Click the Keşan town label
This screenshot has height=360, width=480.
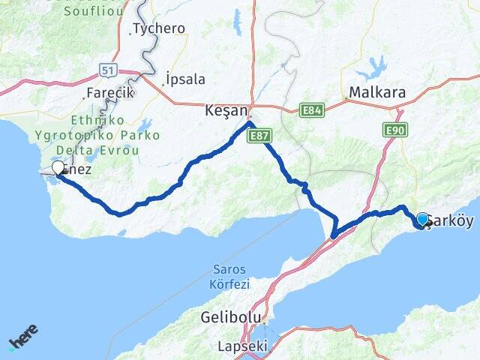226,110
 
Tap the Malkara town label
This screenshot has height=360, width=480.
376,93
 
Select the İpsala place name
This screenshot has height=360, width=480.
187,79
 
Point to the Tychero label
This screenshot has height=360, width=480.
158,29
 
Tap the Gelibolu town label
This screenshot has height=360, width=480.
224,317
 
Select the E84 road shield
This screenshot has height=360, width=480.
312,111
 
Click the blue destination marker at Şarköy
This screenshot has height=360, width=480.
423,219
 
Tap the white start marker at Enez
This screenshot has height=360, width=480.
58,168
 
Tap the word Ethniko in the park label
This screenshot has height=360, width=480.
94,120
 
